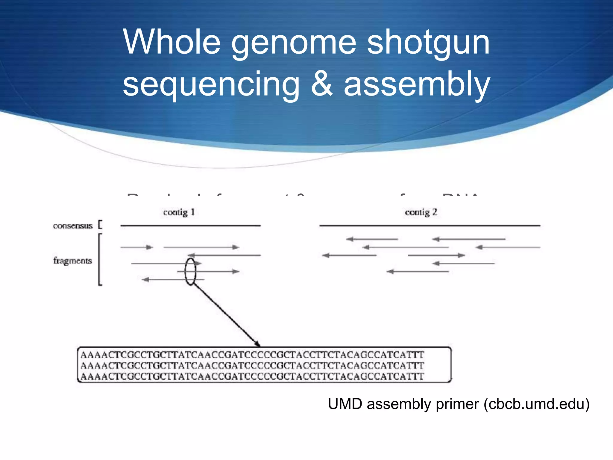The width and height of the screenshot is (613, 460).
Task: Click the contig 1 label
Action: coord(179,212)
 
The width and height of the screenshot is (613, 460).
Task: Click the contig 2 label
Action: coord(421,212)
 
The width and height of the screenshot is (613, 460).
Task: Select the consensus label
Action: coord(73,226)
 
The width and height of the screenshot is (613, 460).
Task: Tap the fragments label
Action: coord(72,261)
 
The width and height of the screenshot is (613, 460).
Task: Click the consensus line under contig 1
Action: coord(190,226)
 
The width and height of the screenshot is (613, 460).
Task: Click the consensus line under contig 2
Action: coord(430,226)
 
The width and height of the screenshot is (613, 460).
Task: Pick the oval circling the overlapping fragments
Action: coord(190,272)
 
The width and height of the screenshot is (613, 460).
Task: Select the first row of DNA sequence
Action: coord(252,355)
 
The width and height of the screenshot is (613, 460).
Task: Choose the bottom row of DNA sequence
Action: coord(252,376)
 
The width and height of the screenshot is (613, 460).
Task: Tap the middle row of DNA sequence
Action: coord(252,366)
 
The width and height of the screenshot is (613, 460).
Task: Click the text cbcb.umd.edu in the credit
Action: coord(537,404)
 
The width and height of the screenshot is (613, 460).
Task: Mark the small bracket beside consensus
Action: coord(100,225)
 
